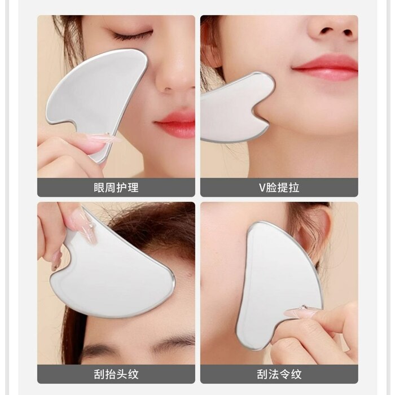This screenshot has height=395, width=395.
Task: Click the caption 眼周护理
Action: click(116, 188)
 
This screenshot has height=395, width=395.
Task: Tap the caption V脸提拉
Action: click(279, 188)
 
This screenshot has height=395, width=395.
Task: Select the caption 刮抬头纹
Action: click(116, 374)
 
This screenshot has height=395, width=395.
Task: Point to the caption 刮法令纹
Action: click(279, 374)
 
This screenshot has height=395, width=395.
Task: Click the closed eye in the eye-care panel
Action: click(132, 35)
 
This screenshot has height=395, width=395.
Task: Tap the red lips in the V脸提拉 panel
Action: click(326, 67)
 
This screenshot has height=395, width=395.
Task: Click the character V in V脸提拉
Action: click(262, 188)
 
